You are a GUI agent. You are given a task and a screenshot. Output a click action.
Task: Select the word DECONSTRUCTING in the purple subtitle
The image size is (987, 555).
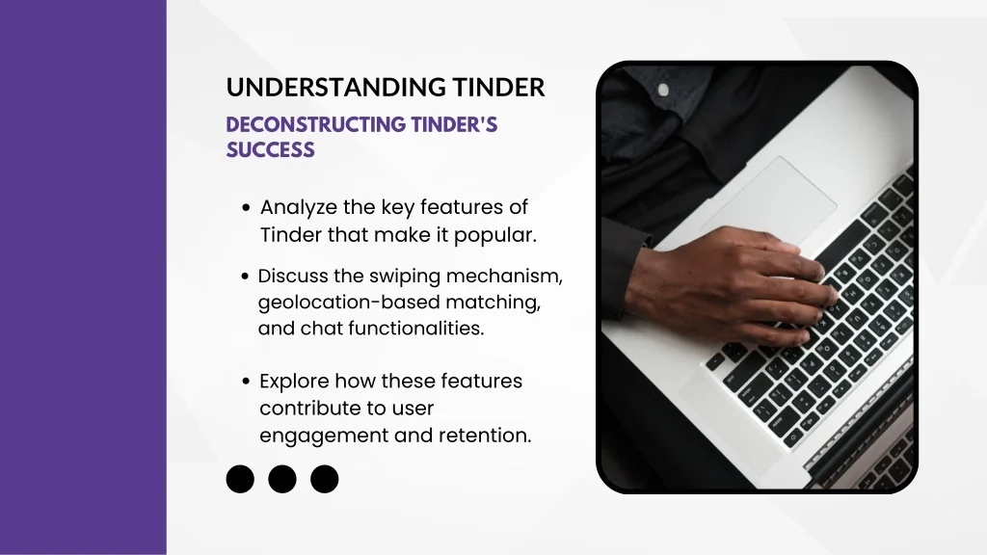315,124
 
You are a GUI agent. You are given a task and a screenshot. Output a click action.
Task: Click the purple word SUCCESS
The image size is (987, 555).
270,149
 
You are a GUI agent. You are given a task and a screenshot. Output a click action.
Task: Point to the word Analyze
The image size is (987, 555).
299,208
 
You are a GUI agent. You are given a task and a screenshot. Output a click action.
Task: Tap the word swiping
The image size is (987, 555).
405,277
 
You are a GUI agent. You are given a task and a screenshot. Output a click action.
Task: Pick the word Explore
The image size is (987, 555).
294,382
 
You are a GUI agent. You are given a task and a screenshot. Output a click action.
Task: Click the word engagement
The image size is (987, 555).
324,436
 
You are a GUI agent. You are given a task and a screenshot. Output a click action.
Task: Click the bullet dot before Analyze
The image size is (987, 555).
246,208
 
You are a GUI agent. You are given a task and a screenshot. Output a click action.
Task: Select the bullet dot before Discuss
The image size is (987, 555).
245,277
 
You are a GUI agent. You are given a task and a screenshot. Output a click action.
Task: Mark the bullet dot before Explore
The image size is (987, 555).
246,382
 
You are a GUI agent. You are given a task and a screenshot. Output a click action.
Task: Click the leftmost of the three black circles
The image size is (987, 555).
240,479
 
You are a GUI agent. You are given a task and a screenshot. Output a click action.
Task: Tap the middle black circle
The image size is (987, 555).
282,479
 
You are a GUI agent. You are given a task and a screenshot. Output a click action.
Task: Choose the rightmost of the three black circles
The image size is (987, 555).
324,479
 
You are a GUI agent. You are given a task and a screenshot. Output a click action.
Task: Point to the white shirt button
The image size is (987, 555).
663,90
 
